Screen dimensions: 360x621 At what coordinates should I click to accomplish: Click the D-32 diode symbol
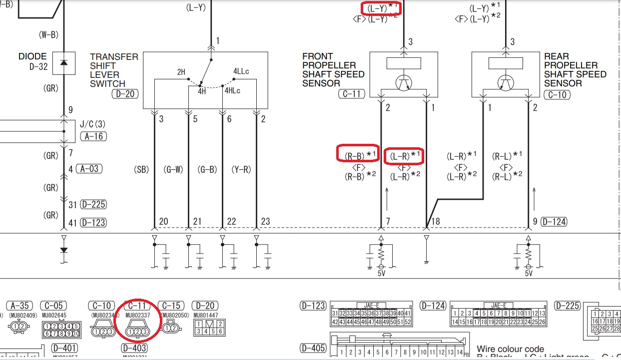click(x=63, y=62)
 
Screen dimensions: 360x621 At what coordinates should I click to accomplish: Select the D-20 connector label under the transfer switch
click(x=125, y=93)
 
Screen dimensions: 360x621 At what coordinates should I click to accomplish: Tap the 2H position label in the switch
click(x=181, y=72)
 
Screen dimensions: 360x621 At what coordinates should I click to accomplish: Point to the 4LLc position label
click(x=241, y=71)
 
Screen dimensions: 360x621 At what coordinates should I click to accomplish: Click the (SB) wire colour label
click(x=142, y=170)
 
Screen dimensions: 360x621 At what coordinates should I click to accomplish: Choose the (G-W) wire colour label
click(x=173, y=170)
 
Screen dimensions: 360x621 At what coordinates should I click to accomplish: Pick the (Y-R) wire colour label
click(x=241, y=170)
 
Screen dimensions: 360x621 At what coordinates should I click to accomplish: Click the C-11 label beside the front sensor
click(x=352, y=93)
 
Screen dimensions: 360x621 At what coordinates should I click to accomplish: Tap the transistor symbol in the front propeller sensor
click(x=403, y=82)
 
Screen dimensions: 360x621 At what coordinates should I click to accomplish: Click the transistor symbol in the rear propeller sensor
click(x=506, y=82)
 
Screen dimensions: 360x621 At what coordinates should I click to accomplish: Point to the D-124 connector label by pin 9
click(x=554, y=222)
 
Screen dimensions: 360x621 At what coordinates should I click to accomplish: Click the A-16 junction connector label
click(x=93, y=136)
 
